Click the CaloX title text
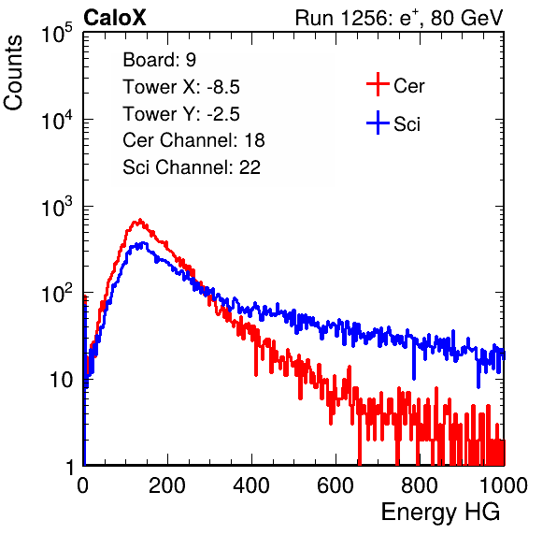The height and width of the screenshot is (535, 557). point(115,18)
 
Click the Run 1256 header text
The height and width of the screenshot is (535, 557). point(399,18)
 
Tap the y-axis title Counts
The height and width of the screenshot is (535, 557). point(13,73)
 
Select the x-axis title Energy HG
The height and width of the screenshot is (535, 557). point(440,513)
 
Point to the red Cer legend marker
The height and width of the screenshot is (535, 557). point(378,84)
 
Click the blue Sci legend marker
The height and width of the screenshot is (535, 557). point(378,123)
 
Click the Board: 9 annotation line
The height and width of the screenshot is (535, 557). point(159,59)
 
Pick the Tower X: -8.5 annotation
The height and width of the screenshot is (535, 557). point(181,87)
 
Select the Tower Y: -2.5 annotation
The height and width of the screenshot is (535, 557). point(181,114)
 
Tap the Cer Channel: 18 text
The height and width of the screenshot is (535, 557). point(193,140)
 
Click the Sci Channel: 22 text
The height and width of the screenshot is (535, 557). point(192,167)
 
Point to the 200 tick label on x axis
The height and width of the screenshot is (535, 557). point(167,485)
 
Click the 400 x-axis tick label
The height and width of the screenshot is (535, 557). point(251,485)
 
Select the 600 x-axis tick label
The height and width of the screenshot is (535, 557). point(336,485)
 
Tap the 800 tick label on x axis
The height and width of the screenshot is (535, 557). point(420,485)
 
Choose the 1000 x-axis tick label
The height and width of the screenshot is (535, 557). point(504,485)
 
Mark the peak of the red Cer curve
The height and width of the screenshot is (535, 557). point(140,220)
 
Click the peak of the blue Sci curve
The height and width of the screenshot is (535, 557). point(144,243)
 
